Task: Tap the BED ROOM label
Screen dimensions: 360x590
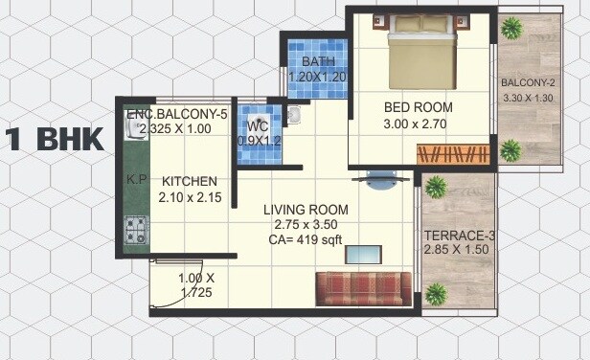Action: tap(419, 107)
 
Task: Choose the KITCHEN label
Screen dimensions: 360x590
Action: tap(189, 182)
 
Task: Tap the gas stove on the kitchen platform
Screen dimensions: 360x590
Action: tap(135, 230)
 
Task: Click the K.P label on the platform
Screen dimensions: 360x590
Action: tap(136, 179)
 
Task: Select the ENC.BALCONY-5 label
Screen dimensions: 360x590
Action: tap(177, 114)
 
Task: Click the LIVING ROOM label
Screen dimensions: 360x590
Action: tap(306, 210)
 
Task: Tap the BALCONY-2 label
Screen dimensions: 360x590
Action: tap(529, 81)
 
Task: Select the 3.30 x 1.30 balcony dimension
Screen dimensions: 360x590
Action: tap(529, 97)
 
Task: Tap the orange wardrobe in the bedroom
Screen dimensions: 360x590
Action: tap(453, 153)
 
